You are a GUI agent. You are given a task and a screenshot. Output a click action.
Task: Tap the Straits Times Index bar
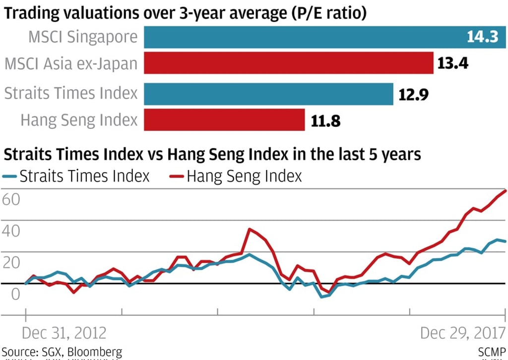(x=268, y=93)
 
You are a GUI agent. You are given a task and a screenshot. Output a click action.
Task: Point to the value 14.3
(x=482, y=37)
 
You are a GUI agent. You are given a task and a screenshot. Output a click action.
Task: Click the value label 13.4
(x=452, y=64)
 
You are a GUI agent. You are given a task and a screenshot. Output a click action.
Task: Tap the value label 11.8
(x=325, y=120)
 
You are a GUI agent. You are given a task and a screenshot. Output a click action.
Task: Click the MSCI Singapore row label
(x=82, y=37)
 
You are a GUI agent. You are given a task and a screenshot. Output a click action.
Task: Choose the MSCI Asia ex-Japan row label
(x=71, y=64)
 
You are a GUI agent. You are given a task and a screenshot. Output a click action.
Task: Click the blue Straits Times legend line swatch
(x=9, y=176)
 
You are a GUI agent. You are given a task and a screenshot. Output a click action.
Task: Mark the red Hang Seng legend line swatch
(x=177, y=176)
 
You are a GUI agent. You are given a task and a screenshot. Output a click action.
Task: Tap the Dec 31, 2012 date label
(x=64, y=332)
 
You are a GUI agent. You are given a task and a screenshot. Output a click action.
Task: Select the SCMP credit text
(x=492, y=353)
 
